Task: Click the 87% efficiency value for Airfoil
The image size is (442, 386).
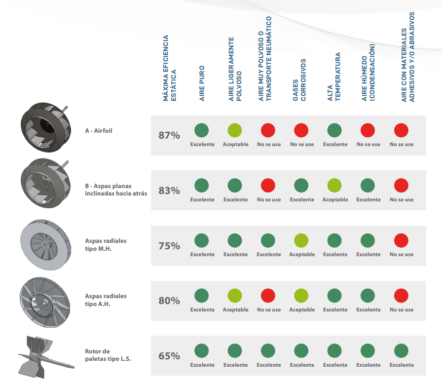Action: click(169, 135)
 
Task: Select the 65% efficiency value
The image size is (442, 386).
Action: click(169, 356)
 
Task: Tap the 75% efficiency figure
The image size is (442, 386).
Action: click(169, 246)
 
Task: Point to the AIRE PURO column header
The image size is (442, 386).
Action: click(202, 83)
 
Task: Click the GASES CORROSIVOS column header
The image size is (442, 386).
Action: click(299, 79)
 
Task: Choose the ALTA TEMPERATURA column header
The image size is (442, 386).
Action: click(334, 77)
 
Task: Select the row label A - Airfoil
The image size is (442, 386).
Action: click(98, 131)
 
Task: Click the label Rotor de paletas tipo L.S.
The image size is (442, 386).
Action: click(108, 355)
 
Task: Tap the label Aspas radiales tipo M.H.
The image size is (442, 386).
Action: click(106, 245)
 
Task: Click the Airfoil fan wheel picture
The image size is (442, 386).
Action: click(45, 127)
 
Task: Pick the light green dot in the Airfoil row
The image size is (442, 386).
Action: click(235, 130)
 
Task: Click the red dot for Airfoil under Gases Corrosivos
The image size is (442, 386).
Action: click(301, 130)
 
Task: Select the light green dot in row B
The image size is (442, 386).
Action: click(334, 186)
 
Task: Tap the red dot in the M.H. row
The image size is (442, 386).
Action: click(401, 241)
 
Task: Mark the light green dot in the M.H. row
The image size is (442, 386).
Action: click(301, 241)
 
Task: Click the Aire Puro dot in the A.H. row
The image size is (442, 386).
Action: click(202, 296)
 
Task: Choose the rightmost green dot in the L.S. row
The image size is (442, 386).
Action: click(401, 351)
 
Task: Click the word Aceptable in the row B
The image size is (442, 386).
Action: click(335, 199)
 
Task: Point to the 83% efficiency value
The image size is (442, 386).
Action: click(169, 191)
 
